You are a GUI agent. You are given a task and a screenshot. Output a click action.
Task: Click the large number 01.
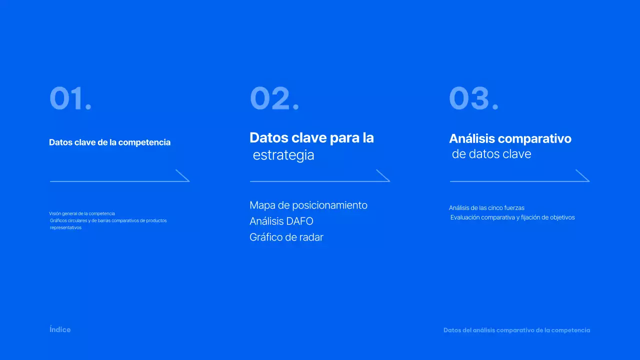click(70, 98)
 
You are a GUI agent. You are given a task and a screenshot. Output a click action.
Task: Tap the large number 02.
click(274, 98)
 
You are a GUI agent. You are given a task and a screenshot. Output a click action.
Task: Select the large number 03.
click(473, 98)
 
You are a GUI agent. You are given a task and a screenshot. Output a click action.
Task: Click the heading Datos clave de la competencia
click(109, 142)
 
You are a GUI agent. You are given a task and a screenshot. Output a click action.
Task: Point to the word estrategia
click(283, 155)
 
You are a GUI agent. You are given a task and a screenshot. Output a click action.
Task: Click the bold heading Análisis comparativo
click(510, 138)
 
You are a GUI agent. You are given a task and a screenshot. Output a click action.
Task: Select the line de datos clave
click(491, 154)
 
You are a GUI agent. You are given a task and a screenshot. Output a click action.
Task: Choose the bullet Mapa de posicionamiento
click(308, 205)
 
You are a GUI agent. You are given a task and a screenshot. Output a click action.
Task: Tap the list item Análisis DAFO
click(281, 221)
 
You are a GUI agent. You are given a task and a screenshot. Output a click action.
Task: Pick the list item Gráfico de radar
click(286, 237)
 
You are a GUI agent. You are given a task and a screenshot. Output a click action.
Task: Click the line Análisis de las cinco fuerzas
click(486, 208)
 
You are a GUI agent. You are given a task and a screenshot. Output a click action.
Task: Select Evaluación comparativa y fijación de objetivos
click(512, 217)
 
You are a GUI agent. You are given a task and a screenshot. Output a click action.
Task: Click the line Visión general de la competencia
click(82, 213)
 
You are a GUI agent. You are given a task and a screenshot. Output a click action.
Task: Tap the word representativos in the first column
click(65, 227)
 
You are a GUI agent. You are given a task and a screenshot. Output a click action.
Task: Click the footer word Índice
click(60, 329)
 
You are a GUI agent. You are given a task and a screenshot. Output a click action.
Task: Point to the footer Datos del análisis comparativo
click(516, 330)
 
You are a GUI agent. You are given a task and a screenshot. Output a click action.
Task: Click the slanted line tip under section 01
click(182, 175)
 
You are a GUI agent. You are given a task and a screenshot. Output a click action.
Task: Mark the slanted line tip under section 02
click(383, 175)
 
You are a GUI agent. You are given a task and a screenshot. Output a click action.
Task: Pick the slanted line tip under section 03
click(582, 175)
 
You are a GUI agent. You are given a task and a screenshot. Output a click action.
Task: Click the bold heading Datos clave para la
click(311, 137)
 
